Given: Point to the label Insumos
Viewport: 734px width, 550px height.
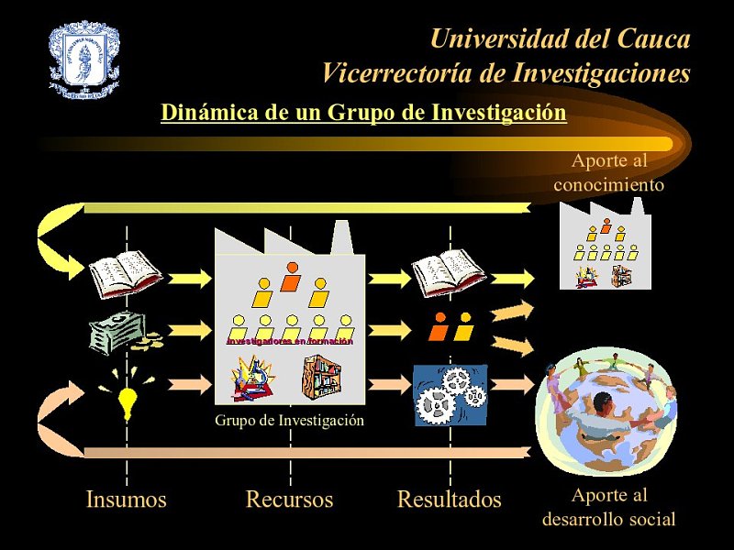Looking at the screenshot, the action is [x=127, y=500].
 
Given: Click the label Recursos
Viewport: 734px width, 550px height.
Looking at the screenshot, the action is [x=289, y=500].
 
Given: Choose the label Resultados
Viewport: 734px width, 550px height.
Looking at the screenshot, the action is [x=450, y=500].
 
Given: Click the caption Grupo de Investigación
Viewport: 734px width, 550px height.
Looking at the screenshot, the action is [x=290, y=421].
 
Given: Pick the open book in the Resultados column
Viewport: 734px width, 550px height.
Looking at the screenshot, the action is [x=449, y=273].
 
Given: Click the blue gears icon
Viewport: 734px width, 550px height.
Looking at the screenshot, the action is [x=450, y=395].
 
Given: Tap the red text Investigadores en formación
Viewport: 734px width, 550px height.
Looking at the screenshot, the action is [x=290, y=341].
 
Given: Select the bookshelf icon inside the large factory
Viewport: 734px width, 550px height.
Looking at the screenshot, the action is [x=321, y=377].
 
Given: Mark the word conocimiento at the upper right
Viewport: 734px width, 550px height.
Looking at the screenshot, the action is [x=609, y=184].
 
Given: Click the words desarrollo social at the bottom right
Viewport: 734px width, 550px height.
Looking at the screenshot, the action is [x=609, y=520].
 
